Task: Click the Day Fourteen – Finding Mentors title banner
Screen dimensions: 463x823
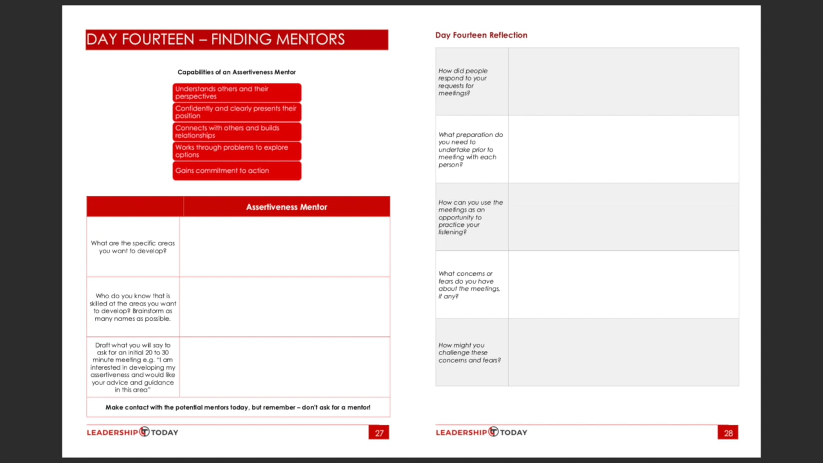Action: pos(237,39)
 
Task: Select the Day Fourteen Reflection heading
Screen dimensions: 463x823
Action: pos(481,35)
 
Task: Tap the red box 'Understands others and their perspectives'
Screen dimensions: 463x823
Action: pos(237,93)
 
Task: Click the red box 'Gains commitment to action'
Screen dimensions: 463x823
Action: pos(237,171)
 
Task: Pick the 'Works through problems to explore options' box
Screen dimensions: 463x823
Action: pos(237,151)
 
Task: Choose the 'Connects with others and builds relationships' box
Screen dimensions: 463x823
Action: pos(237,132)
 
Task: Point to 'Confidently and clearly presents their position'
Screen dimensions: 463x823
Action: pos(237,112)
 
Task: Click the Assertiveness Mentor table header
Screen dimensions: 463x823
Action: pos(286,207)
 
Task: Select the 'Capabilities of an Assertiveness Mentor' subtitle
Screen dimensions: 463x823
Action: pos(237,72)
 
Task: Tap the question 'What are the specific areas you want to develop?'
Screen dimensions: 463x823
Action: pos(133,247)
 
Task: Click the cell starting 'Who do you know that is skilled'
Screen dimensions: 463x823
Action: pos(133,307)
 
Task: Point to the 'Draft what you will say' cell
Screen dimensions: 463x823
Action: pos(133,367)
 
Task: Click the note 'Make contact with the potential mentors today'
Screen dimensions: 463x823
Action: pos(238,407)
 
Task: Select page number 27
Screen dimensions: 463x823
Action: pos(379,433)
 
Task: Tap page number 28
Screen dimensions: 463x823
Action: pos(728,433)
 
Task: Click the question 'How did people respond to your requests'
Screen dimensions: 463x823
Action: pos(463,82)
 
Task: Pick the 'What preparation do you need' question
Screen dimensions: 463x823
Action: pos(470,150)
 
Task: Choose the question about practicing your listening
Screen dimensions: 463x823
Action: pos(470,217)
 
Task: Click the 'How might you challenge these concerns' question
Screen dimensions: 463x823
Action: pos(469,352)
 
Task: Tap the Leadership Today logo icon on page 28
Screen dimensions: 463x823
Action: pos(494,432)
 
